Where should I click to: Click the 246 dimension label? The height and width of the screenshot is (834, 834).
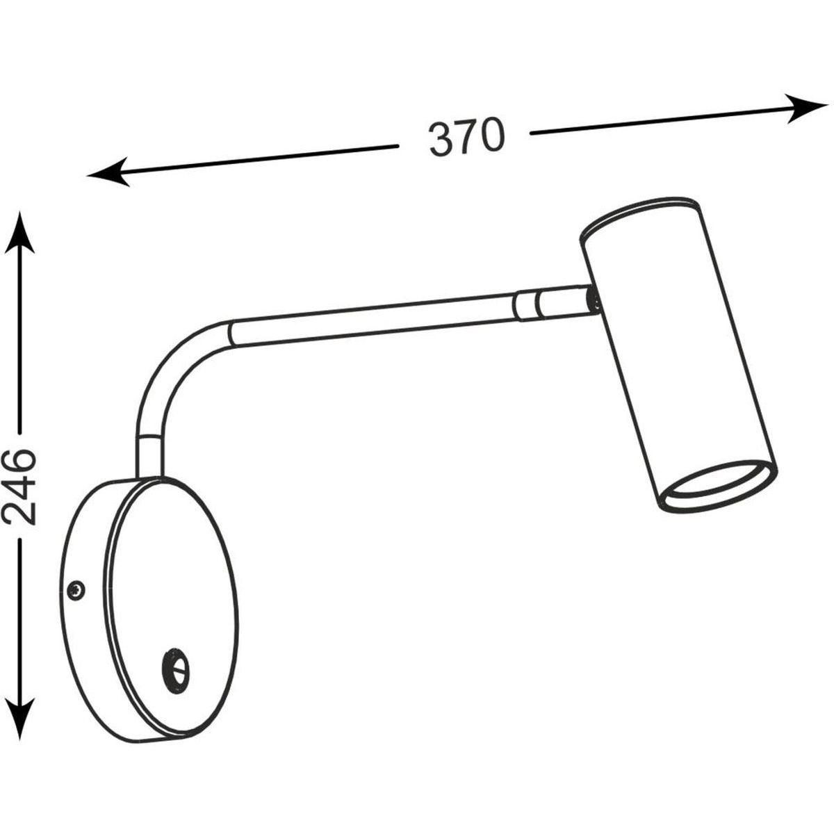(19, 487)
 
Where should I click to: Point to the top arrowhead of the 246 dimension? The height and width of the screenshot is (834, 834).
(19, 233)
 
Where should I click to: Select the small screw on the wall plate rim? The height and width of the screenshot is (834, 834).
(76, 589)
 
